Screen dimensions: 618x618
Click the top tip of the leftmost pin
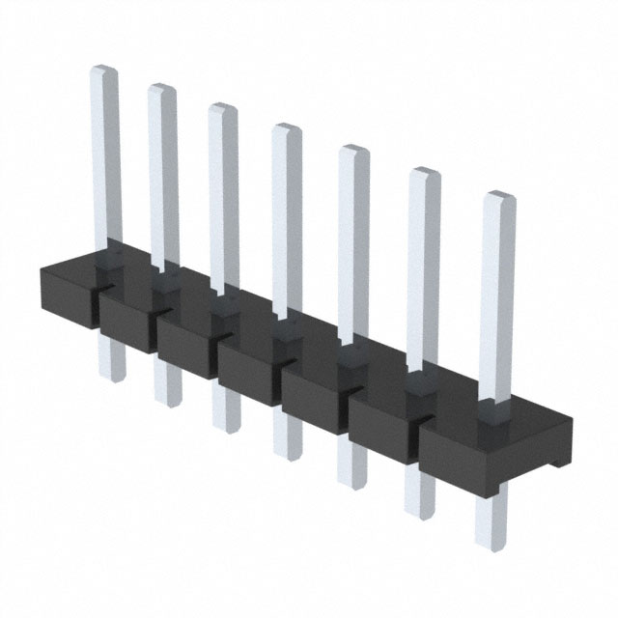[x=104, y=70]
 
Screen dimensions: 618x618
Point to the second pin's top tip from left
[x=162, y=89]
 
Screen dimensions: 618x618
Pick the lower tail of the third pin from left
[x=226, y=417]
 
